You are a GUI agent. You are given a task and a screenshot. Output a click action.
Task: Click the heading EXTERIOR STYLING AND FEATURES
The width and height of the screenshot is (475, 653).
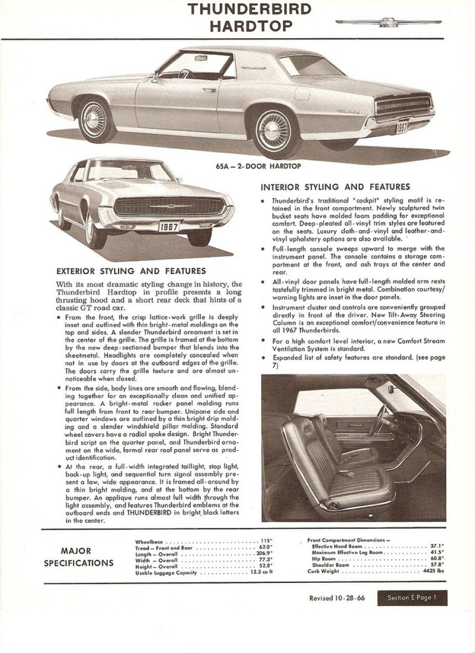click(x=131, y=272)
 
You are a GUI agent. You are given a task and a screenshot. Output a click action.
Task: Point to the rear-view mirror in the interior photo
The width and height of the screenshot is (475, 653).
click(x=391, y=389)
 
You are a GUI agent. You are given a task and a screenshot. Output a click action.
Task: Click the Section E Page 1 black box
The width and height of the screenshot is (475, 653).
click(x=412, y=598)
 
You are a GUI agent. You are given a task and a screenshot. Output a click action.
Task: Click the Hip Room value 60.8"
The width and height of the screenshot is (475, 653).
click(x=438, y=558)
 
